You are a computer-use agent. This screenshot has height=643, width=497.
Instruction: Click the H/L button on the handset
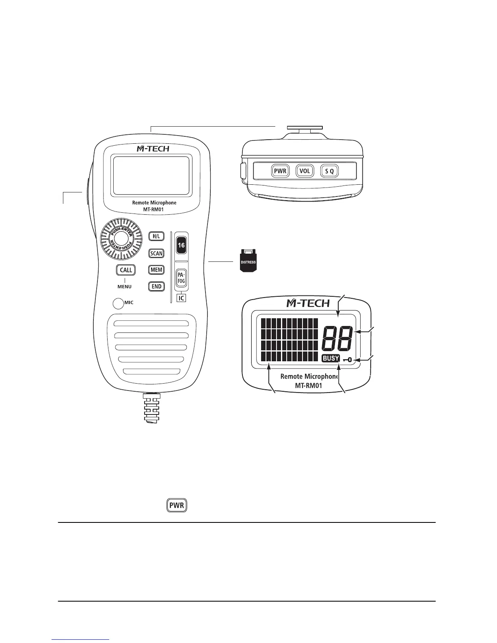tap(156, 236)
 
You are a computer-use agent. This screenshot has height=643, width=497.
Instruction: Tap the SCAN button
tap(156, 253)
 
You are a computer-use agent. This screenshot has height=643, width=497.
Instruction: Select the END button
tap(156, 286)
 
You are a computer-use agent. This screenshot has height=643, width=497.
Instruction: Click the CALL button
tap(126, 270)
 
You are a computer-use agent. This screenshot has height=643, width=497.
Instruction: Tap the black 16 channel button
tap(181, 245)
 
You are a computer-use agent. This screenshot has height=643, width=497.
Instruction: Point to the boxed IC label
tap(182, 298)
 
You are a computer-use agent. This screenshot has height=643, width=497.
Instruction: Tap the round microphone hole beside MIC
tap(118, 303)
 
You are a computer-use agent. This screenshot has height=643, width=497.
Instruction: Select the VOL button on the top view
tap(305, 171)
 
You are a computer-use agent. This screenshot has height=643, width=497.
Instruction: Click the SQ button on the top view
tap(329, 171)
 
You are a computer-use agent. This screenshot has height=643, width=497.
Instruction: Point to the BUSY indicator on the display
tap(331, 358)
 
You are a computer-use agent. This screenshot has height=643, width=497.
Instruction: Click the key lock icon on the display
tap(347, 359)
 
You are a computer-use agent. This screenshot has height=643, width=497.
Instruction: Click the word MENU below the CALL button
tap(125, 287)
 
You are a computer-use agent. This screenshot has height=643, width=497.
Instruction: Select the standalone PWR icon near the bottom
tap(177, 506)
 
